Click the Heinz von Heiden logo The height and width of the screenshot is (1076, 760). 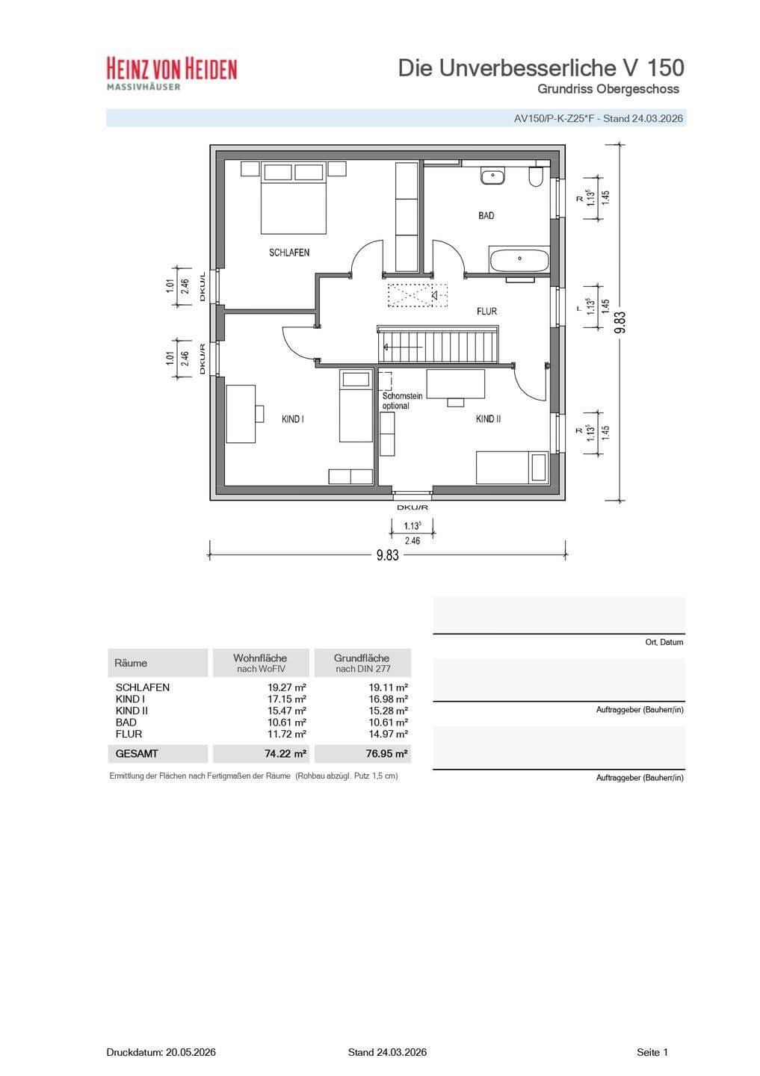click(x=172, y=73)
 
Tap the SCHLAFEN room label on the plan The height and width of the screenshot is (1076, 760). click(x=288, y=253)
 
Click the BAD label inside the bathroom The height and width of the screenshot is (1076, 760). click(x=486, y=216)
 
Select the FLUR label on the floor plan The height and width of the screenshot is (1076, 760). click(x=486, y=312)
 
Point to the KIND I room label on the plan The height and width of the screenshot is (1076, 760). click(x=293, y=419)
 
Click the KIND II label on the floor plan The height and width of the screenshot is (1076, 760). click(x=488, y=419)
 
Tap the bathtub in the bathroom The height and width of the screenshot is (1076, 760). click(x=519, y=259)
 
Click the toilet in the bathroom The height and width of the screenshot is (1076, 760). click(x=536, y=176)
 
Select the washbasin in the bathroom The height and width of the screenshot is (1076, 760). click(x=493, y=176)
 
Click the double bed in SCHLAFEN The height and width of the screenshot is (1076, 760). click(x=294, y=198)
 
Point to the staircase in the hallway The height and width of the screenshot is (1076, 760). click(x=438, y=344)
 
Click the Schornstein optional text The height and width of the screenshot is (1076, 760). click(x=402, y=401)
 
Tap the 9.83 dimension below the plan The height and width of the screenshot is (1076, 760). click(x=387, y=554)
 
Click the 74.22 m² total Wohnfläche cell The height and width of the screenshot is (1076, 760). click(x=285, y=754)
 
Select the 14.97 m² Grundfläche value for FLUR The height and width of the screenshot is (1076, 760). click(x=388, y=734)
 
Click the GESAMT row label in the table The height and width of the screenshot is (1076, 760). click(x=137, y=754)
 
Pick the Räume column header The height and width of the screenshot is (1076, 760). click(x=131, y=663)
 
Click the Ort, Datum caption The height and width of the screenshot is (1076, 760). click(x=664, y=643)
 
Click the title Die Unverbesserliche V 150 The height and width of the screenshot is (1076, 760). click(x=541, y=68)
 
